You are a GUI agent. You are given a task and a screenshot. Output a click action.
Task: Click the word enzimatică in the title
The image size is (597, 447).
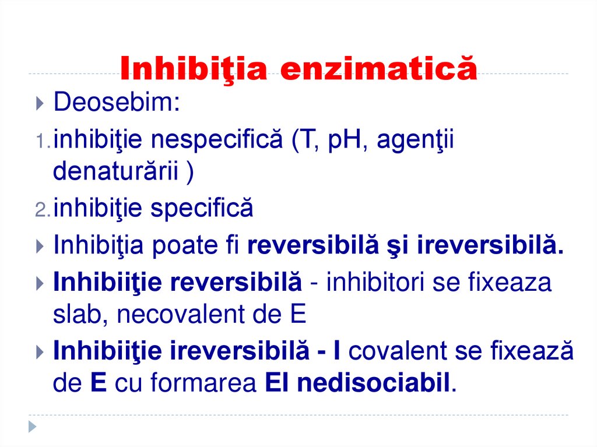379,68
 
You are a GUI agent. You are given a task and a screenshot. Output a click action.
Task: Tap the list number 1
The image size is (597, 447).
42,142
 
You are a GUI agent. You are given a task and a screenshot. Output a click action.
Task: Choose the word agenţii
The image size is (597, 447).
413,142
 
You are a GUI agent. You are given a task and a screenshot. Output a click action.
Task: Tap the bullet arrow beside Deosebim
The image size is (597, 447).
39,105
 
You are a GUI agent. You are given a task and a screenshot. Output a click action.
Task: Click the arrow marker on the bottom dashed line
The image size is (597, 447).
33,426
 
